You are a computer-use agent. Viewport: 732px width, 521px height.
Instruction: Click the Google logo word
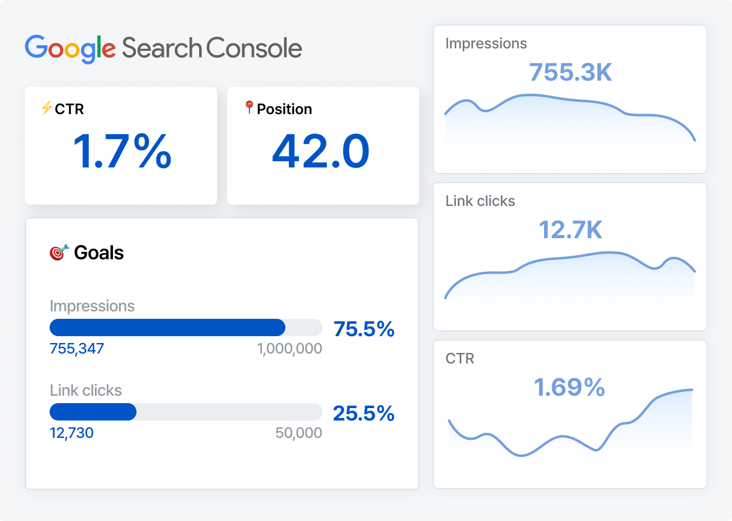tap(70, 48)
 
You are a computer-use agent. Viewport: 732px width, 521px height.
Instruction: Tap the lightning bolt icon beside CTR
tap(47, 109)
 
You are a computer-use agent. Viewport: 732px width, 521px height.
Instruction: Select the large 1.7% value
tap(122, 152)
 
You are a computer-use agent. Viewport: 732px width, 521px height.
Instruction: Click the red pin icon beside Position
tap(249, 108)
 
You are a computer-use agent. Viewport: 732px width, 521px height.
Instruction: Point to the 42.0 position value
tap(321, 152)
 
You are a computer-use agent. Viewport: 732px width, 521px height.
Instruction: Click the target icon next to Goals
tap(58, 252)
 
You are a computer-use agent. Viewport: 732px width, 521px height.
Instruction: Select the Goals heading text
tap(99, 253)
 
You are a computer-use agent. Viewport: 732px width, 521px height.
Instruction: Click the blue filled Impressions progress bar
tap(167, 327)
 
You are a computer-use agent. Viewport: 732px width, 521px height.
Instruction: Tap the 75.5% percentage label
tap(364, 329)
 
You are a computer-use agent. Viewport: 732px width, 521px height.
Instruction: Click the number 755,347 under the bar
tap(77, 349)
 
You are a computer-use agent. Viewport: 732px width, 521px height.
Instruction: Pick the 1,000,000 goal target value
tap(290, 349)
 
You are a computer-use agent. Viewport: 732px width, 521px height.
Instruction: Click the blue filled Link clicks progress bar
tap(93, 412)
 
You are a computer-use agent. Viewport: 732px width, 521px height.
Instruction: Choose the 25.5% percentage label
tap(364, 413)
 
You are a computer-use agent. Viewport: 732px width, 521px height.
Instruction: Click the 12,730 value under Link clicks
tap(71, 433)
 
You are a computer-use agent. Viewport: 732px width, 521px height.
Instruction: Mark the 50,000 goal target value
tap(298, 433)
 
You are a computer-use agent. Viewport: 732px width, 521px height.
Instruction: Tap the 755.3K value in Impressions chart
tap(570, 73)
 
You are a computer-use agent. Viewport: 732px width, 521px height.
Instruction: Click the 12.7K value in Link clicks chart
tap(570, 230)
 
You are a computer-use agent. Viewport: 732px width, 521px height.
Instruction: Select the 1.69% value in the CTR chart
tap(569, 388)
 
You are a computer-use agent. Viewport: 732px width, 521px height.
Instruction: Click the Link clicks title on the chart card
tap(480, 201)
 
